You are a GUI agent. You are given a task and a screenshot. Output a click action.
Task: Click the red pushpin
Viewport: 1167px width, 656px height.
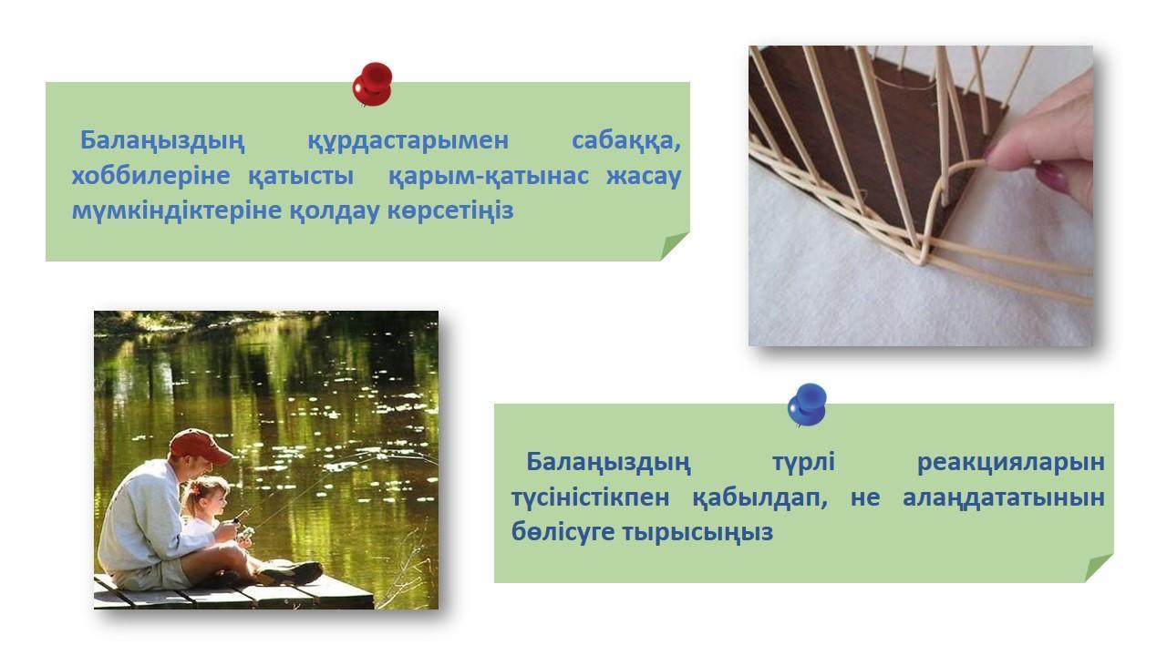pyautogui.click(x=372, y=85)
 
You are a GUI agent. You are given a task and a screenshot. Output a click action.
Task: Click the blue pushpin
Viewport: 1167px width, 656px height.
pyautogui.click(x=807, y=405)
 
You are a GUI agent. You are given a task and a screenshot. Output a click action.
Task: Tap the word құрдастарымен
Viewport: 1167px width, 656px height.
pyautogui.click(x=408, y=141)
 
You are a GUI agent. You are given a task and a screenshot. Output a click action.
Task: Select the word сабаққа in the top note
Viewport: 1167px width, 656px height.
pyautogui.click(x=626, y=141)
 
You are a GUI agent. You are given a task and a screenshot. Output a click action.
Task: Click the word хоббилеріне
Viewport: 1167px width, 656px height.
pyautogui.click(x=150, y=176)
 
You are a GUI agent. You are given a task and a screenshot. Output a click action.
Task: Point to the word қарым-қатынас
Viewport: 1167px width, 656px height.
pyautogui.click(x=489, y=176)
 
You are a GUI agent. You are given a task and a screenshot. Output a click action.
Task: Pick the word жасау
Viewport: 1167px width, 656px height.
pyautogui.click(x=644, y=176)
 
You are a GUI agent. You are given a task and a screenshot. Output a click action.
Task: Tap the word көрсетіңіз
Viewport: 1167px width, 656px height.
pyautogui.click(x=450, y=210)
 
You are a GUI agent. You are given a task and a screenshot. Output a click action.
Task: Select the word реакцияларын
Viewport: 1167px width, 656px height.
pyautogui.click(x=1011, y=462)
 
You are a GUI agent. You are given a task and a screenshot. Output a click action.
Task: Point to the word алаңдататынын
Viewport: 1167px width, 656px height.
pyautogui.click(x=1004, y=497)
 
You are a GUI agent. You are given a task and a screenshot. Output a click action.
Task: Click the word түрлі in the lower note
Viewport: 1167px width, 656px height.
pyautogui.click(x=804, y=462)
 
